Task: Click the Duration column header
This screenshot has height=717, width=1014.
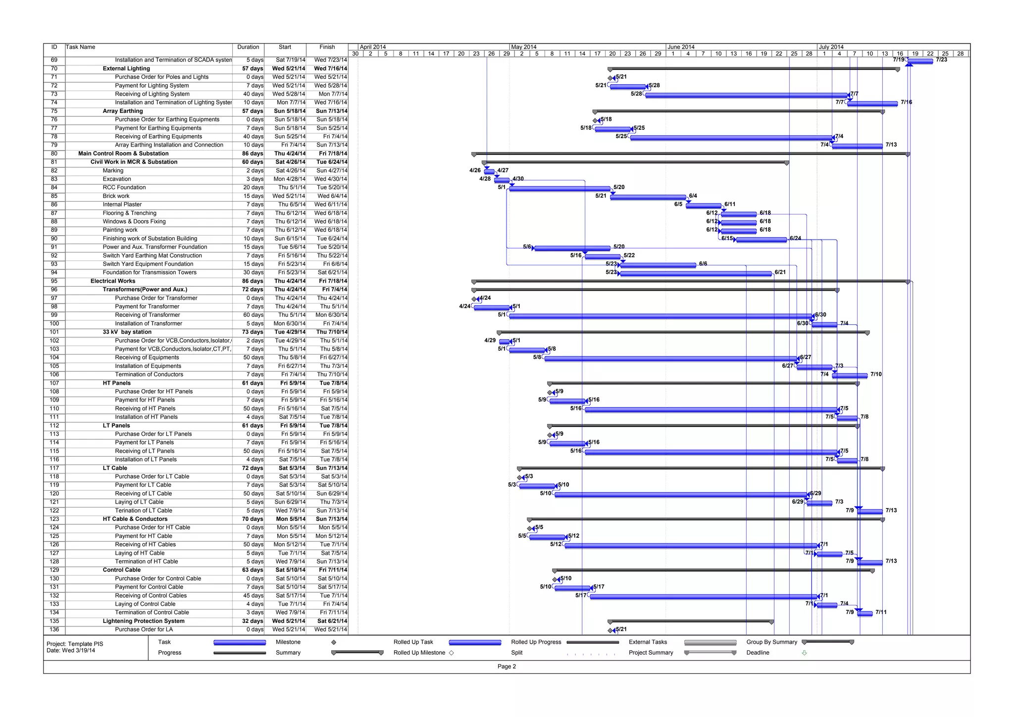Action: tap(248, 47)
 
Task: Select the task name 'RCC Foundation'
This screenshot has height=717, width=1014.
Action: tap(124, 188)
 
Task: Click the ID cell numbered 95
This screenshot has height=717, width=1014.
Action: tap(54, 281)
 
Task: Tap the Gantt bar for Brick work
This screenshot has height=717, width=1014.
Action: tap(648, 197)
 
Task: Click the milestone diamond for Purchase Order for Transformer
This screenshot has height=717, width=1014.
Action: tap(474, 299)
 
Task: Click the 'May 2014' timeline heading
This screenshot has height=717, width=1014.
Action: tap(524, 47)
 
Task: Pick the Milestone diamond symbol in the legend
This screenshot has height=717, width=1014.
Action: tap(334, 642)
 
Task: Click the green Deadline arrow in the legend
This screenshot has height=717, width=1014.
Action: tap(804, 653)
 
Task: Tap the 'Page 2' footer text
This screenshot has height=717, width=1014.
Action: tap(507, 666)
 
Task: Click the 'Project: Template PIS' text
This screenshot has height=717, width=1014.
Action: tap(75, 644)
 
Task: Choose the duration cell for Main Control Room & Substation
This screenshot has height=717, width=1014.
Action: tap(253, 154)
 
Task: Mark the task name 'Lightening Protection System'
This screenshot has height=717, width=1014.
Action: tap(144, 621)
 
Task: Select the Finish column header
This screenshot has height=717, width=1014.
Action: tap(327, 47)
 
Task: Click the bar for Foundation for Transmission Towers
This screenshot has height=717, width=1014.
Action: tap(696, 273)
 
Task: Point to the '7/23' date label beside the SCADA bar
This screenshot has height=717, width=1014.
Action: tap(941, 60)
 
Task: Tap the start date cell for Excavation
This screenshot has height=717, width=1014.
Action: tap(290, 179)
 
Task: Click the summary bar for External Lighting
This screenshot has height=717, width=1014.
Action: tap(753, 69)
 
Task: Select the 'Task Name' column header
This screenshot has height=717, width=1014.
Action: tap(81, 47)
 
